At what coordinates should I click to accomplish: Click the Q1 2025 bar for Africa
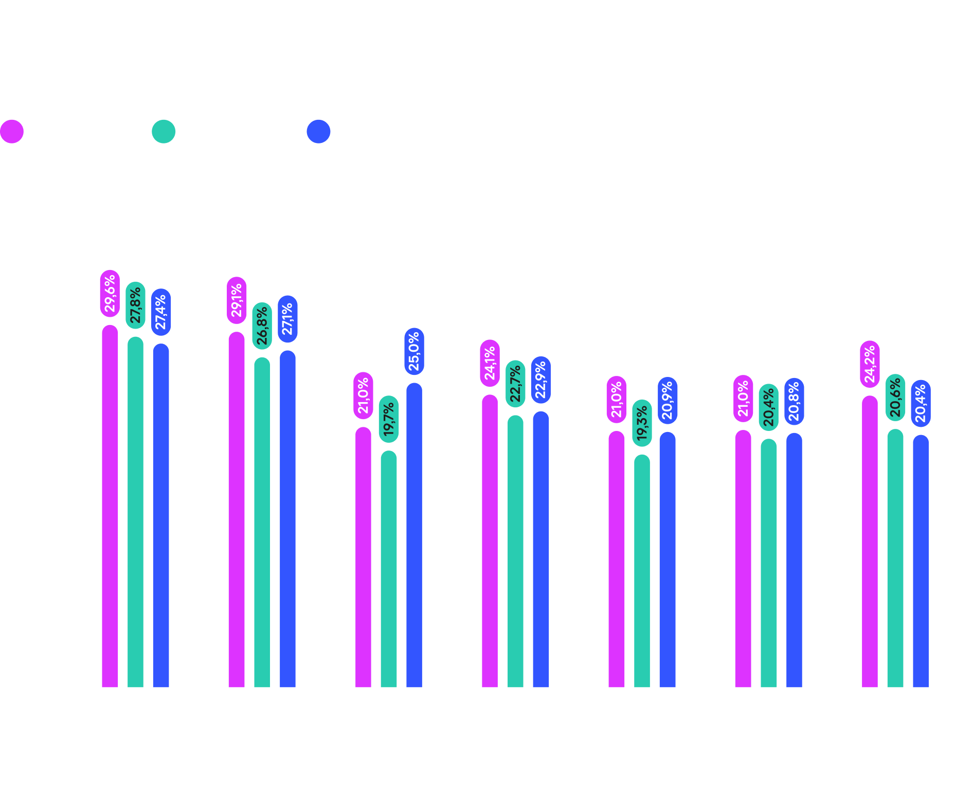point(110,507)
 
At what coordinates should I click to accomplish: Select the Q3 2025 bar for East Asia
point(414,535)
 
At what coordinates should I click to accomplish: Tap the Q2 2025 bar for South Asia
point(642,571)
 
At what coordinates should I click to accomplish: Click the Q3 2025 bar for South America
point(794,561)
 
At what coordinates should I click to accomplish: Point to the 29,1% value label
point(237,300)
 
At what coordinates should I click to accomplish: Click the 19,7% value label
point(389,419)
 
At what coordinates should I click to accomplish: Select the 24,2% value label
point(870,364)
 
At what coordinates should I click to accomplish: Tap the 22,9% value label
point(540,380)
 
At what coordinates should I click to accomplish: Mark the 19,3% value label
point(642,423)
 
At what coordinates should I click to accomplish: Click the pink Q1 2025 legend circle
point(12,132)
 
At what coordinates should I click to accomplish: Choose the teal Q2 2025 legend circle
point(164,132)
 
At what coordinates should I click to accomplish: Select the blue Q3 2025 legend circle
point(318,132)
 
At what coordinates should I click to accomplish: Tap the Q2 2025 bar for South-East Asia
point(262,522)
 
